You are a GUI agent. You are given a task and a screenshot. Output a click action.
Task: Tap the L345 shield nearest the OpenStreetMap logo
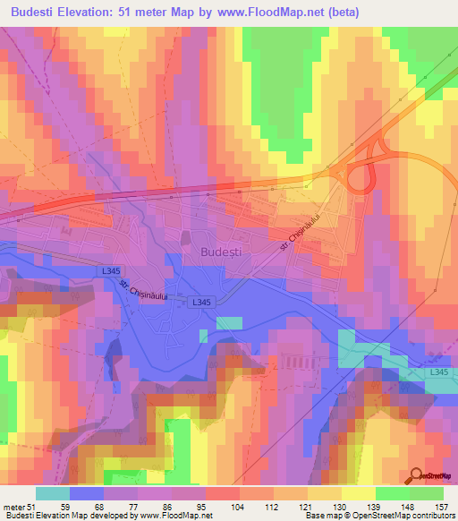[x=437, y=372]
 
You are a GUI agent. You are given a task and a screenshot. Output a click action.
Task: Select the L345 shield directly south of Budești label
[x=199, y=303]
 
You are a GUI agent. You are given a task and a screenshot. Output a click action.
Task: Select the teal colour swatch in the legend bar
[x=53, y=493]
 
